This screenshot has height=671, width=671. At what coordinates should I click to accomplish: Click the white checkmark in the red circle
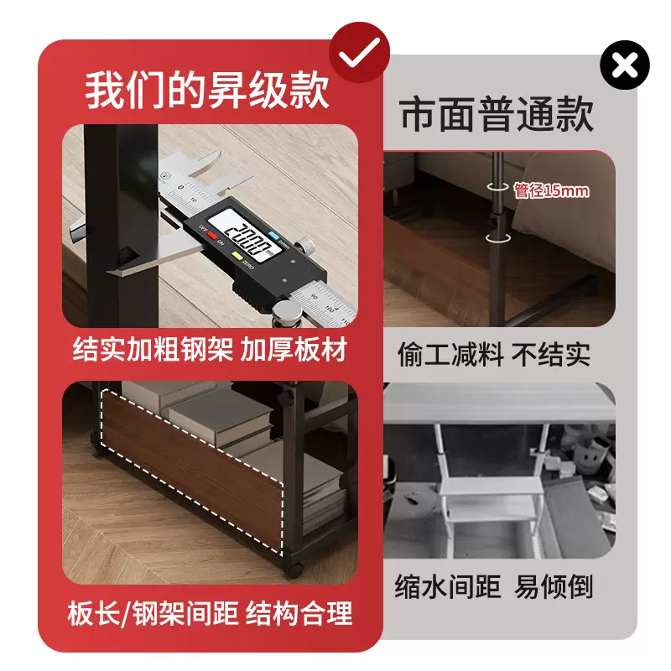coord(359,52)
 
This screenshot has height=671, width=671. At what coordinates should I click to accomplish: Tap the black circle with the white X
coord(625,65)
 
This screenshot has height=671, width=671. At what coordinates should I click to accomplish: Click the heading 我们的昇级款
coord(207,91)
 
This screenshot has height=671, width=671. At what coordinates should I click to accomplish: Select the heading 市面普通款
coord(497,114)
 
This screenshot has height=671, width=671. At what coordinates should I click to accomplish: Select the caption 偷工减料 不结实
coord(493,354)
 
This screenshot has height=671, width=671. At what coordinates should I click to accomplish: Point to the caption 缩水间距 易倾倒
coord(493,586)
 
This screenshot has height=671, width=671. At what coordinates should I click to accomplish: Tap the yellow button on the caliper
coord(237,256)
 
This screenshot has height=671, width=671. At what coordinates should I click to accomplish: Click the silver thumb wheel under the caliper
coord(286,317)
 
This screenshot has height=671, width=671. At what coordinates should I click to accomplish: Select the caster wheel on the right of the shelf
coord(294,569)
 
